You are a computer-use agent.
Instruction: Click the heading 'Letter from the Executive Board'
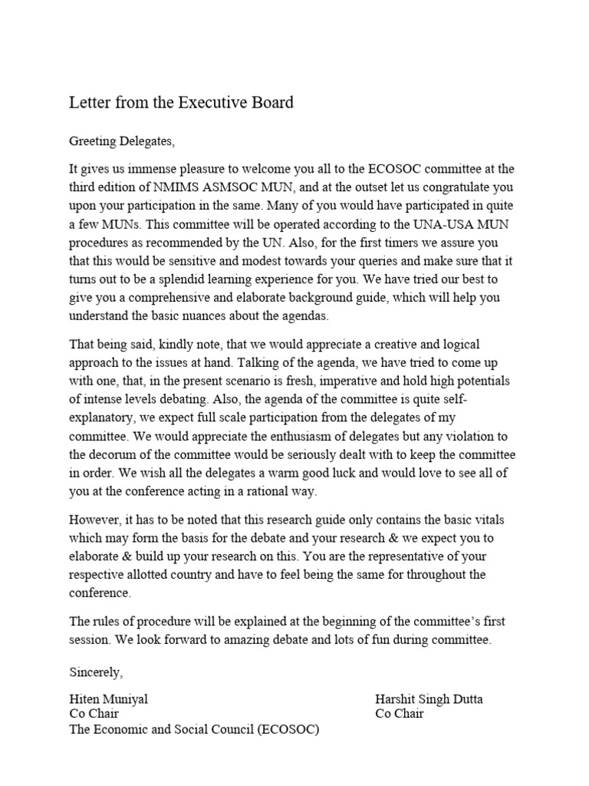coord(181,102)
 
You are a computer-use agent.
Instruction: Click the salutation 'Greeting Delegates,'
coord(122,140)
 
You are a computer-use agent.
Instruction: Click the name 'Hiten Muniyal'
coord(108,699)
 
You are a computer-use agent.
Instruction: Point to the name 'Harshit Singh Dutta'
coord(429,699)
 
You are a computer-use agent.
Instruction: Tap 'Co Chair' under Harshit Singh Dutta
coord(399,714)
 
